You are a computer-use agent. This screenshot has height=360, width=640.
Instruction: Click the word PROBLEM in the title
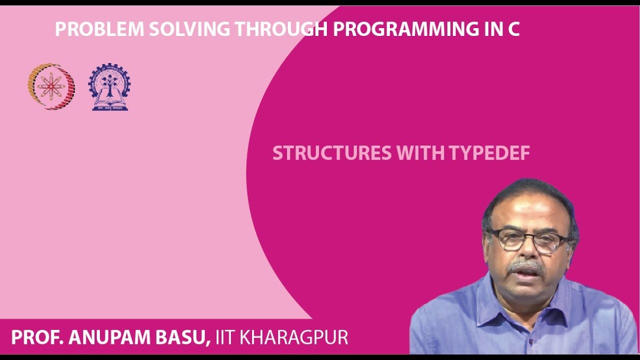pos(99,29)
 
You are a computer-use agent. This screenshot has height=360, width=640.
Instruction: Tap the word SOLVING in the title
pos(189,29)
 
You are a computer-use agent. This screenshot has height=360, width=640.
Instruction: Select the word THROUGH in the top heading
pos(281,29)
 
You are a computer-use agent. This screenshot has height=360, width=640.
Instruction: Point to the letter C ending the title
pos(513,29)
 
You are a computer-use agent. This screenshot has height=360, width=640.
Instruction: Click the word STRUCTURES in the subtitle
pos(332,153)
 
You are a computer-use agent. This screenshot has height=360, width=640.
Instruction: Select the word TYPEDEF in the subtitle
pos(489,153)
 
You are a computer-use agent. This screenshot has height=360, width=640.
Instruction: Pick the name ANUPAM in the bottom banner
pos(109,337)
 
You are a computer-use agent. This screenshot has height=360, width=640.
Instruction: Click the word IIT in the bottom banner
pos(225,337)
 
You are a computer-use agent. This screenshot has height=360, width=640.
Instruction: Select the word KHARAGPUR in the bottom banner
pos(293,337)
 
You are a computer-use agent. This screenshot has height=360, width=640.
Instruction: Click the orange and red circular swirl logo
pos(51,86)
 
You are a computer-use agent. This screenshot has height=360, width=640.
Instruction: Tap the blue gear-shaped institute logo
pos(109,86)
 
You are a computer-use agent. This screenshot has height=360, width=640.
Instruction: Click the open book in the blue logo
pos(109,101)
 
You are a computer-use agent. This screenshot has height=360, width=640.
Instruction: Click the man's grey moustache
pos(525,266)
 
